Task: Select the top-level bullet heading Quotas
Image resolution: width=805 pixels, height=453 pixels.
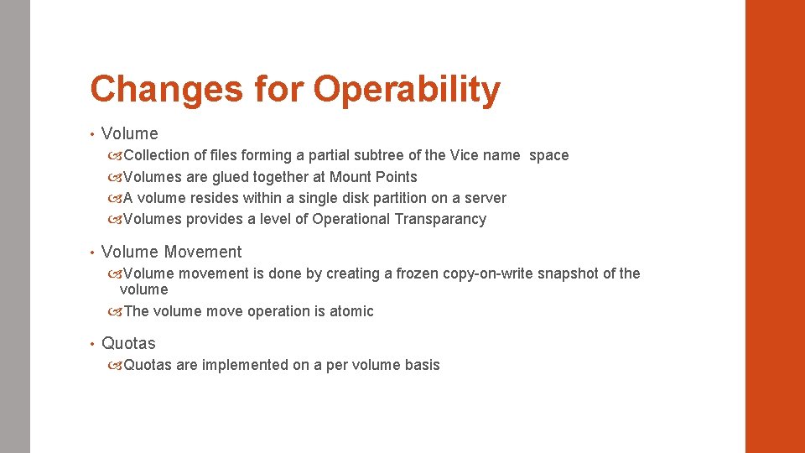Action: (x=128, y=343)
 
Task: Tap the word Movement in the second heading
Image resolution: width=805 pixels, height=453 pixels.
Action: (x=203, y=252)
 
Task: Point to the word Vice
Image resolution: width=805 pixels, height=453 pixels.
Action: (x=465, y=155)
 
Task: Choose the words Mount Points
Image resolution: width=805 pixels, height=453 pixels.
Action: (x=373, y=177)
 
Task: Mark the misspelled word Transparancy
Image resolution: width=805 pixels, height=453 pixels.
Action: (x=441, y=219)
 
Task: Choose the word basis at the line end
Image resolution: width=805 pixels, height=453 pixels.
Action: (x=421, y=365)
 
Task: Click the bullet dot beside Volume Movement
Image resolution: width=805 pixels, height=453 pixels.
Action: (x=91, y=252)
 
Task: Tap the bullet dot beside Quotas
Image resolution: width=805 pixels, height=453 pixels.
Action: (x=91, y=343)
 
